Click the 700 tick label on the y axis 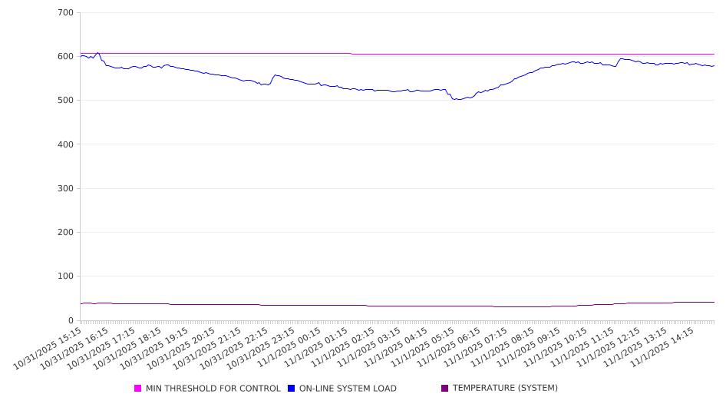pyautogui.click(x=65, y=13)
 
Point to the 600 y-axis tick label pyautogui.click(x=65, y=57)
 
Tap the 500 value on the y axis pyautogui.click(x=65, y=101)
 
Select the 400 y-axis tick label pyautogui.click(x=65, y=144)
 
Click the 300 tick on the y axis pyautogui.click(x=65, y=189)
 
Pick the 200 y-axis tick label pyautogui.click(x=65, y=233)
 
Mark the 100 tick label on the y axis pyautogui.click(x=65, y=277)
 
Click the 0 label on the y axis pyautogui.click(x=71, y=320)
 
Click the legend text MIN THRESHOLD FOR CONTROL pyautogui.click(x=213, y=389)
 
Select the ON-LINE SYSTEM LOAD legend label pyautogui.click(x=348, y=389)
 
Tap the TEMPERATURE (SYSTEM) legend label pyautogui.click(x=505, y=389)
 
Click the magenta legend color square pyautogui.click(x=138, y=389)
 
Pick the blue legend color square pyautogui.click(x=292, y=389)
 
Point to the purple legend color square pyautogui.click(x=445, y=389)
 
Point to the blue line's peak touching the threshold pyautogui.click(x=98, y=53)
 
